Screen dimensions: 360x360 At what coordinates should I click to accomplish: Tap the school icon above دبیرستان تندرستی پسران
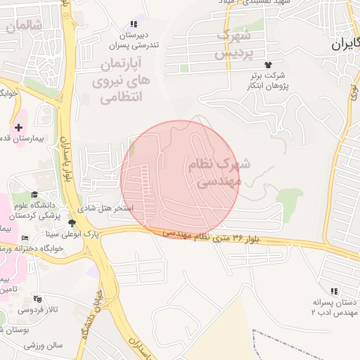(x=134, y=24)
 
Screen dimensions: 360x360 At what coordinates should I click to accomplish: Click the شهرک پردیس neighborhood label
(x=233, y=44)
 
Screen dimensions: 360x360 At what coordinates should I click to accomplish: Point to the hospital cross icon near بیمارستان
(x=18, y=127)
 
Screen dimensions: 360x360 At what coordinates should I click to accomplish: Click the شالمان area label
(x=23, y=26)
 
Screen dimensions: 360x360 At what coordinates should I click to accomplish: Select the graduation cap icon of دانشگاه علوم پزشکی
(x=34, y=195)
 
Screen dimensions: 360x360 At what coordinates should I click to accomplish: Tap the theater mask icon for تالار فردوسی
(x=37, y=299)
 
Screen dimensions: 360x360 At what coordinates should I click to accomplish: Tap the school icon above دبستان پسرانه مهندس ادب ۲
(x=334, y=290)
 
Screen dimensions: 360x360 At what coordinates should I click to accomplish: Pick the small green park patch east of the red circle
(x=289, y=198)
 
